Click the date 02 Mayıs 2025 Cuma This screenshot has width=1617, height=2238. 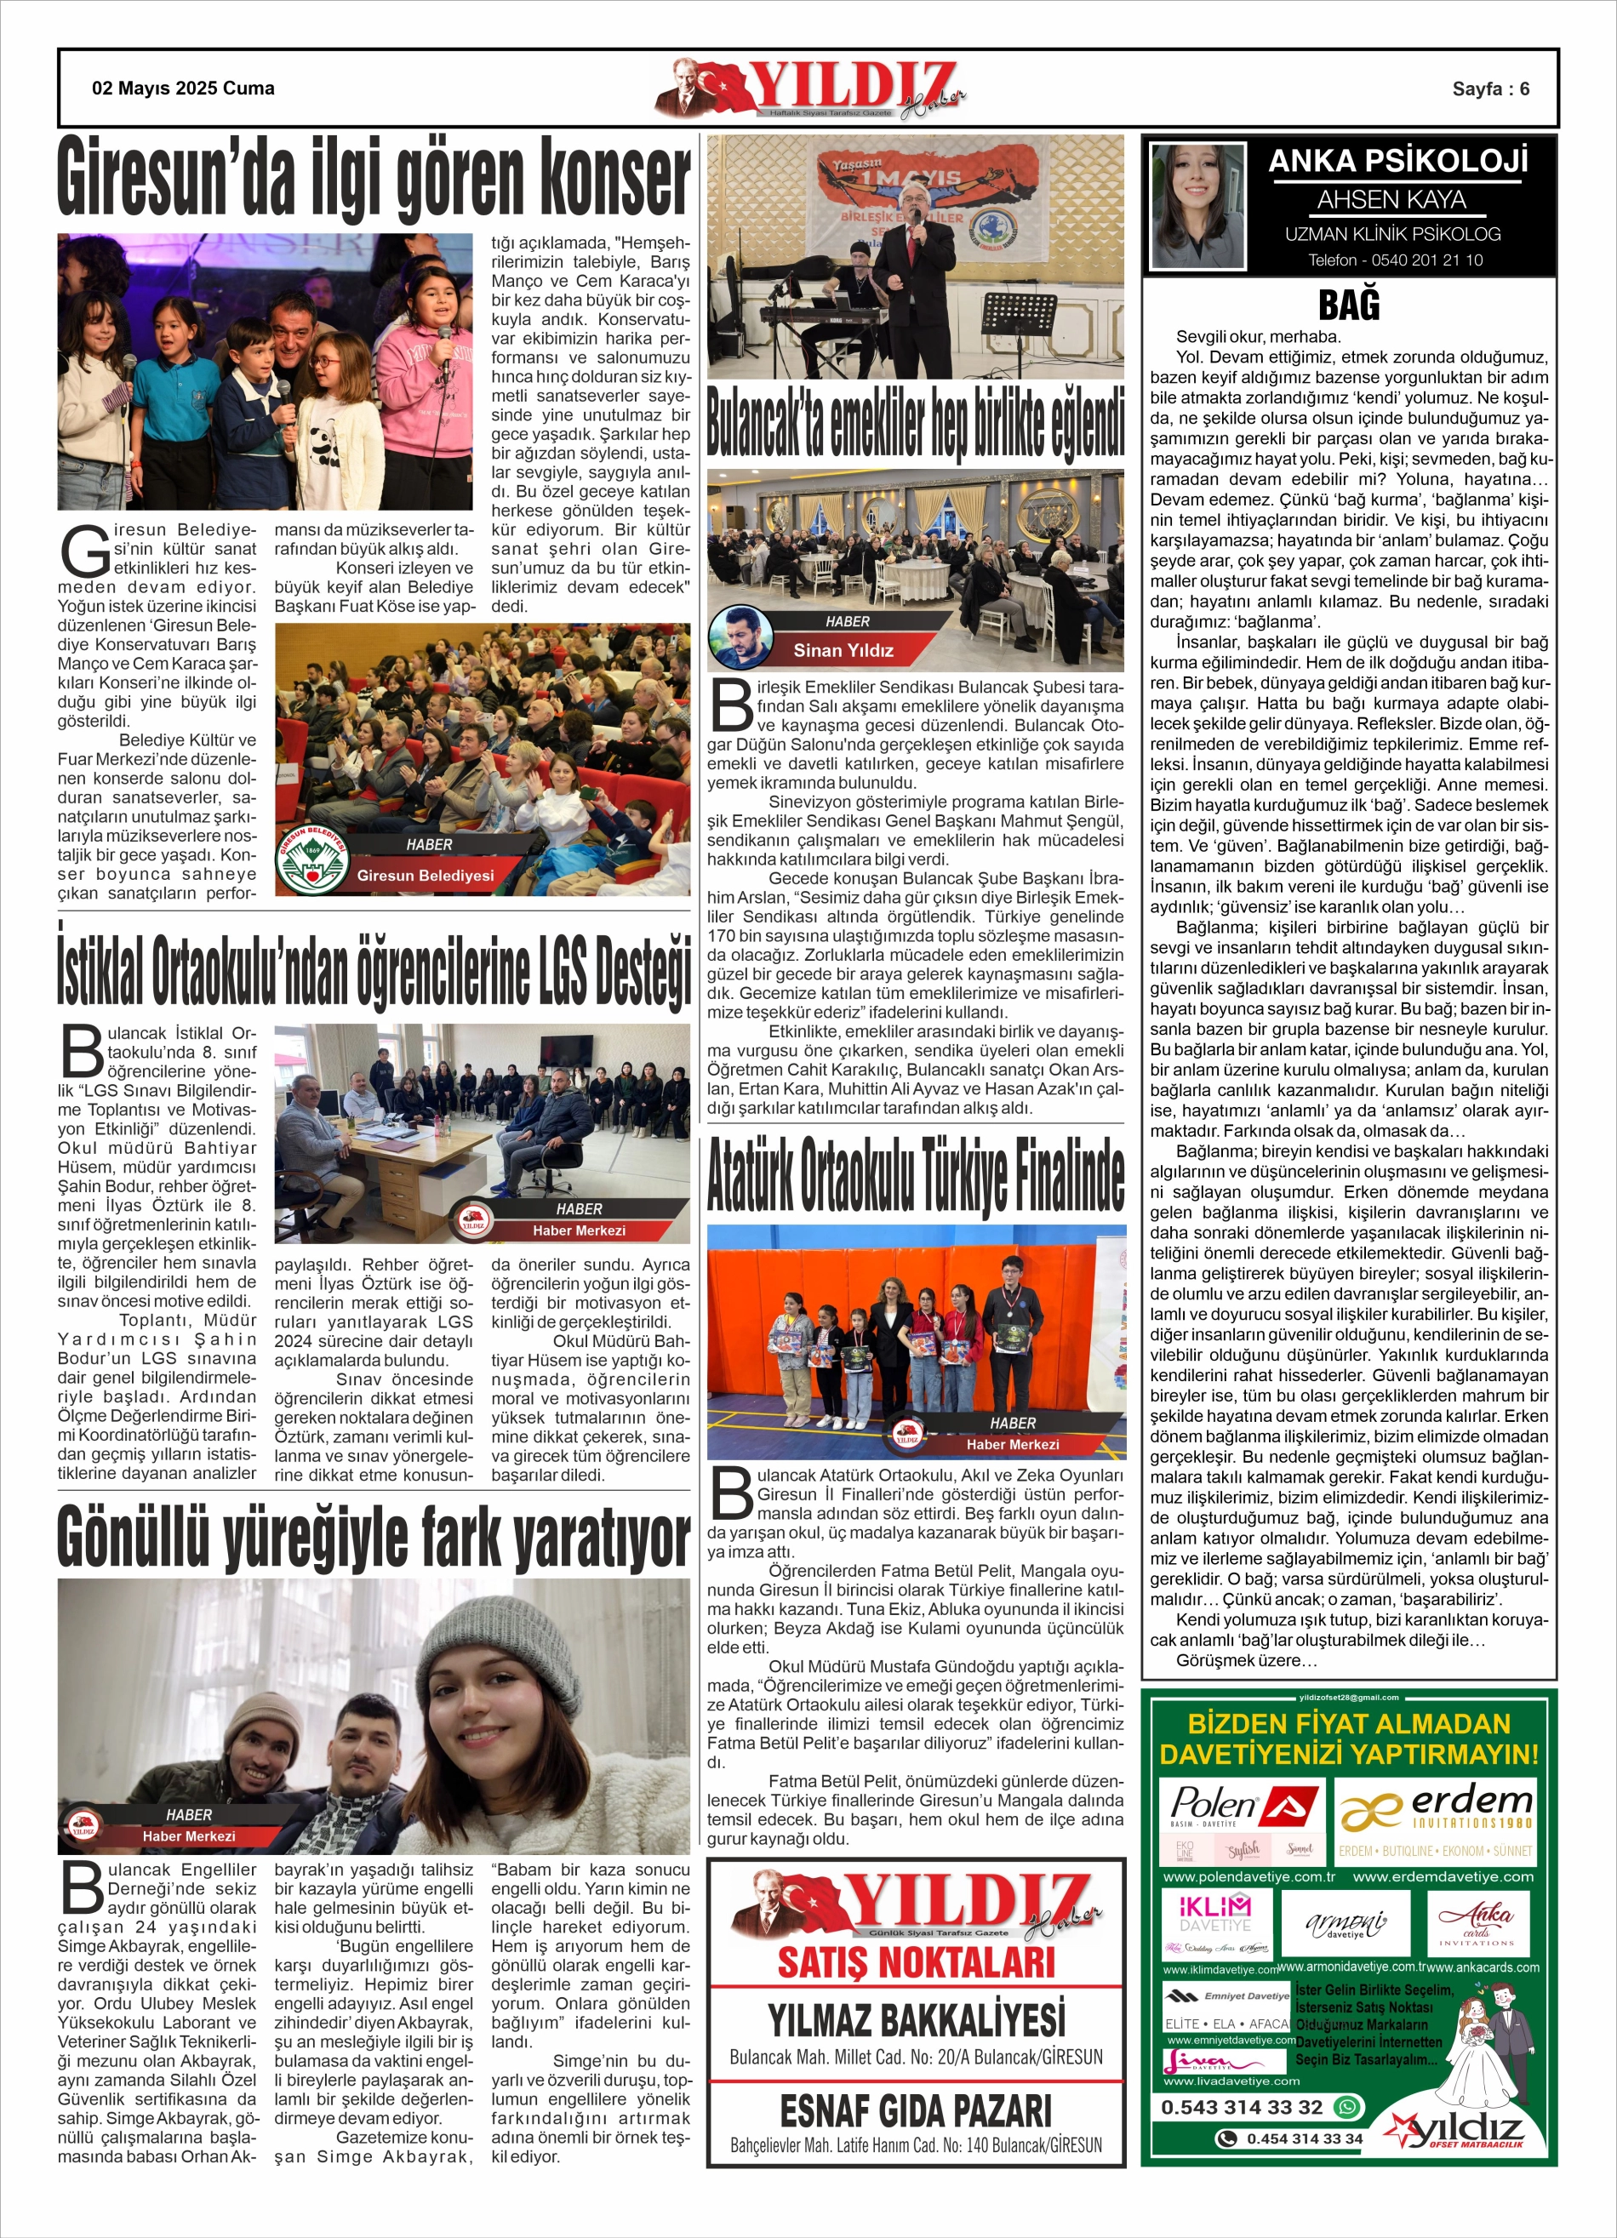(183, 88)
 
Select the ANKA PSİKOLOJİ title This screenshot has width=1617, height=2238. (1397, 161)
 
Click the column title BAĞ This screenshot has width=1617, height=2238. (1348, 305)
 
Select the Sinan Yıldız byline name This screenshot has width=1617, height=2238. (843, 650)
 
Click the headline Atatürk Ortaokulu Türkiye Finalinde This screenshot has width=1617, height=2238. (915, 1173)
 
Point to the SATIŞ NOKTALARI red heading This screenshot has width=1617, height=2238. (915, 1962)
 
